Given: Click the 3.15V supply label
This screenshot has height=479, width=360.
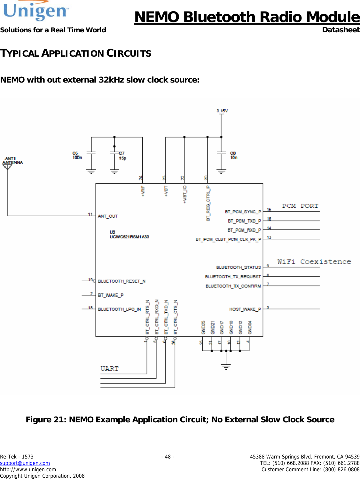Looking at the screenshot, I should [x=222, y=111].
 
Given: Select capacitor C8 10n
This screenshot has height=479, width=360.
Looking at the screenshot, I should [x=221, y=154].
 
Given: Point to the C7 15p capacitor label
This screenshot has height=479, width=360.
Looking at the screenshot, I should [x=122, y=156].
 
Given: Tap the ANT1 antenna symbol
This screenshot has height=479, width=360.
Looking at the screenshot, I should [x=7, y=166].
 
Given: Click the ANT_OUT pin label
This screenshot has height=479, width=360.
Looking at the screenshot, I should [x=108, y=216].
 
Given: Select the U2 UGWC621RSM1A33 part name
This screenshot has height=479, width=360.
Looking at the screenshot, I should [x=129, y=235].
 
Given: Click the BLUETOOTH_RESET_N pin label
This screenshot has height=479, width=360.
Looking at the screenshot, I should [x=121, y=281].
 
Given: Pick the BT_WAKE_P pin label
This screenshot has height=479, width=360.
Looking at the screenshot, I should [x=111, y=295].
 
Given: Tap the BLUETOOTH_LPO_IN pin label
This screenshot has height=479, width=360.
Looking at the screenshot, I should [x=119, y=309].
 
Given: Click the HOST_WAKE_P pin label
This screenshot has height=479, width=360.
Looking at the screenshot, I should [x=245, y=309].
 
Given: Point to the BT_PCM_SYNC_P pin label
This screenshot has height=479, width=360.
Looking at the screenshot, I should [x=243, y=212].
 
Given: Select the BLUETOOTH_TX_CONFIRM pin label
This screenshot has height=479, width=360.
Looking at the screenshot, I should [x=233, y=286].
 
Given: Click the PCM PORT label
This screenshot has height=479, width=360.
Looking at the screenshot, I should [x=300, y=206].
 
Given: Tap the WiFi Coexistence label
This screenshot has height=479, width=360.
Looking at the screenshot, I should [x=314, y=262].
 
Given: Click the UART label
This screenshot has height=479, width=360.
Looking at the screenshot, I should [x=109, y=369].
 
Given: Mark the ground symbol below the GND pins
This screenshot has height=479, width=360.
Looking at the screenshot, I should [x=226, y=366].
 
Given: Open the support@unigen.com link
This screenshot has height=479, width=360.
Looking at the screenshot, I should [x=25, y=463].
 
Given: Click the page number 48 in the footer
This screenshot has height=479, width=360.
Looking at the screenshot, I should [x=168, y=457].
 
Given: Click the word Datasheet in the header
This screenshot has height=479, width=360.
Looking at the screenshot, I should [x=341, y=30].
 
